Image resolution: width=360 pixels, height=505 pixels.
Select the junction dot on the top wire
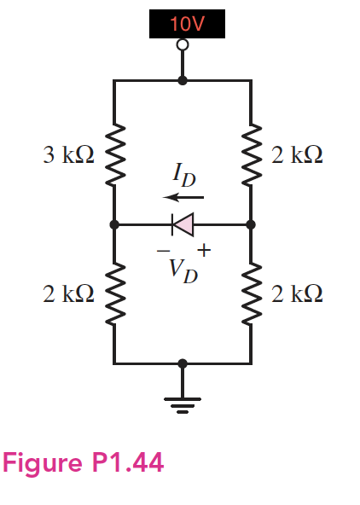182,80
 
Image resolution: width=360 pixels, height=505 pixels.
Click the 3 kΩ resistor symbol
113,154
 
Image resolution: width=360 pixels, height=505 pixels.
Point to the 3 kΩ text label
68,154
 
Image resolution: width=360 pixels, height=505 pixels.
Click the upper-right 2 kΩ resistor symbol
251,154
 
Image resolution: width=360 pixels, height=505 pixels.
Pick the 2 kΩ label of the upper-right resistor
296,154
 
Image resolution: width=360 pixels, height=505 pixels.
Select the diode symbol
182,224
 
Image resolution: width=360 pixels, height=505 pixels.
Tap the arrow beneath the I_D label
180,198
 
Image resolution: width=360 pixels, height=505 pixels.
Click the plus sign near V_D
204,250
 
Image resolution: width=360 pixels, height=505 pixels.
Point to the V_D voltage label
183,270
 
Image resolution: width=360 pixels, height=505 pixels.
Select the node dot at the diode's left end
113,224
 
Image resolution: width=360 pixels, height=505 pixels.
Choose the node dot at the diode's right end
251,224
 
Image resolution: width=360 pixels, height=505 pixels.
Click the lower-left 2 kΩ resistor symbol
113,294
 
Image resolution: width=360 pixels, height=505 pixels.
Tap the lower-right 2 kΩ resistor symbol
251,294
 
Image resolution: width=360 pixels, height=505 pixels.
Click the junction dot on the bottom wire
182,363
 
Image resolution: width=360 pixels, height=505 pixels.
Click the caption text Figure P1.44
84,463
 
